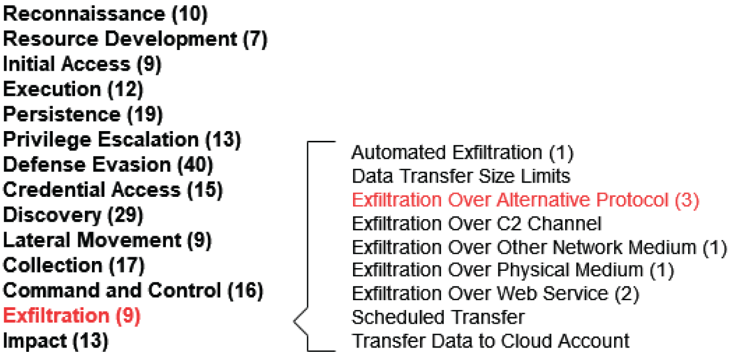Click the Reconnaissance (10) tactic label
[106, 14]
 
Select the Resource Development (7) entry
[135, 39]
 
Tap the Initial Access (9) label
[82, 64]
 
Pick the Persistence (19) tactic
[83, 115]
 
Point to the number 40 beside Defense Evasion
[195, 165]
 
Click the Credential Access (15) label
[113, 190]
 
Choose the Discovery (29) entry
[73, 215]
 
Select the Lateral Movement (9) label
[108, 240]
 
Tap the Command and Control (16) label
[133, 290]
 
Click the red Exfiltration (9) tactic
[72, 316]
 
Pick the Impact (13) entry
[55, 341]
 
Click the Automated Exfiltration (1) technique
[462, 153]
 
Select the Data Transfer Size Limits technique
[461, 176]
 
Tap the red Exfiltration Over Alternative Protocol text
[510, 200]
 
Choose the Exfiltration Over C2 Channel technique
[477, 224]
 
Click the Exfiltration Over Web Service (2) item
[496, 294]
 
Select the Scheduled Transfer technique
[438, 318]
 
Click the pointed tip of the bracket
[294, 321]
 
